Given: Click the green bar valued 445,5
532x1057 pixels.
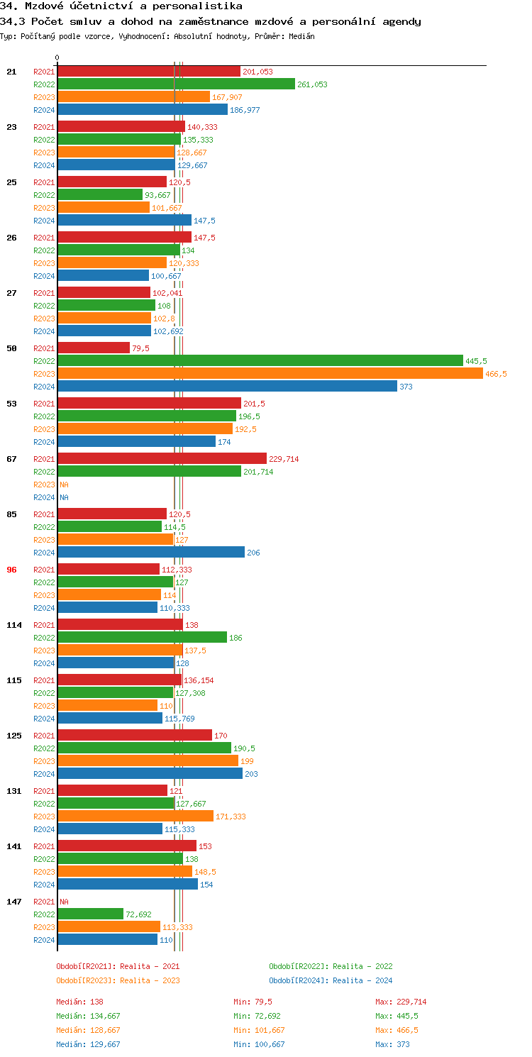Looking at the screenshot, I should (x=260, y=361).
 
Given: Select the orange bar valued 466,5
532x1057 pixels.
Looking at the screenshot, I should (x=270, y=374).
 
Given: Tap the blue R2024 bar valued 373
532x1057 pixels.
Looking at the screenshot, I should (x=227, y=387).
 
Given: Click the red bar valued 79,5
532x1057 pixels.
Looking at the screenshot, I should (x=94, y=348).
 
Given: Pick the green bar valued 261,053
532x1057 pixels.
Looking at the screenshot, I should (x=176, y=84).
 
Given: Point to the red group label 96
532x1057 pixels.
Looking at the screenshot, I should (x=11, y=570).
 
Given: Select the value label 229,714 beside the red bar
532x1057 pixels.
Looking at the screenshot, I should (x=284, y=459).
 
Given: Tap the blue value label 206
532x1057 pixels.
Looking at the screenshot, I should (x=253, y=553).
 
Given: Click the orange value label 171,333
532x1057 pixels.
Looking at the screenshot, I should (x=231, y=817).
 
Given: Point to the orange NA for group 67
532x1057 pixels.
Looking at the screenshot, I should (x=64, y=485).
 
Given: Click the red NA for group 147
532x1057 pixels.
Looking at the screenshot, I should (x=64, y=902).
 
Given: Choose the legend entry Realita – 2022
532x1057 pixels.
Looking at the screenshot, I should (x=331, y=966).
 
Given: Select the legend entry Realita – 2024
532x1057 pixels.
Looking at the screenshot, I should (x=331, y=980).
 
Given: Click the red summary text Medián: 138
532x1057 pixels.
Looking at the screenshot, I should (x=79, y=1002).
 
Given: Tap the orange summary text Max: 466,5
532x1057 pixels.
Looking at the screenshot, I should (x=397, y=1030).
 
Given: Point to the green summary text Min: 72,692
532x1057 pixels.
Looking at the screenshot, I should (x=256, y=1016).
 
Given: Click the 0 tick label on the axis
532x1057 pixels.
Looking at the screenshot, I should (x=57, y=57).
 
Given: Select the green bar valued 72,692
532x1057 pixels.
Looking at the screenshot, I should (x=90, y=914).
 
